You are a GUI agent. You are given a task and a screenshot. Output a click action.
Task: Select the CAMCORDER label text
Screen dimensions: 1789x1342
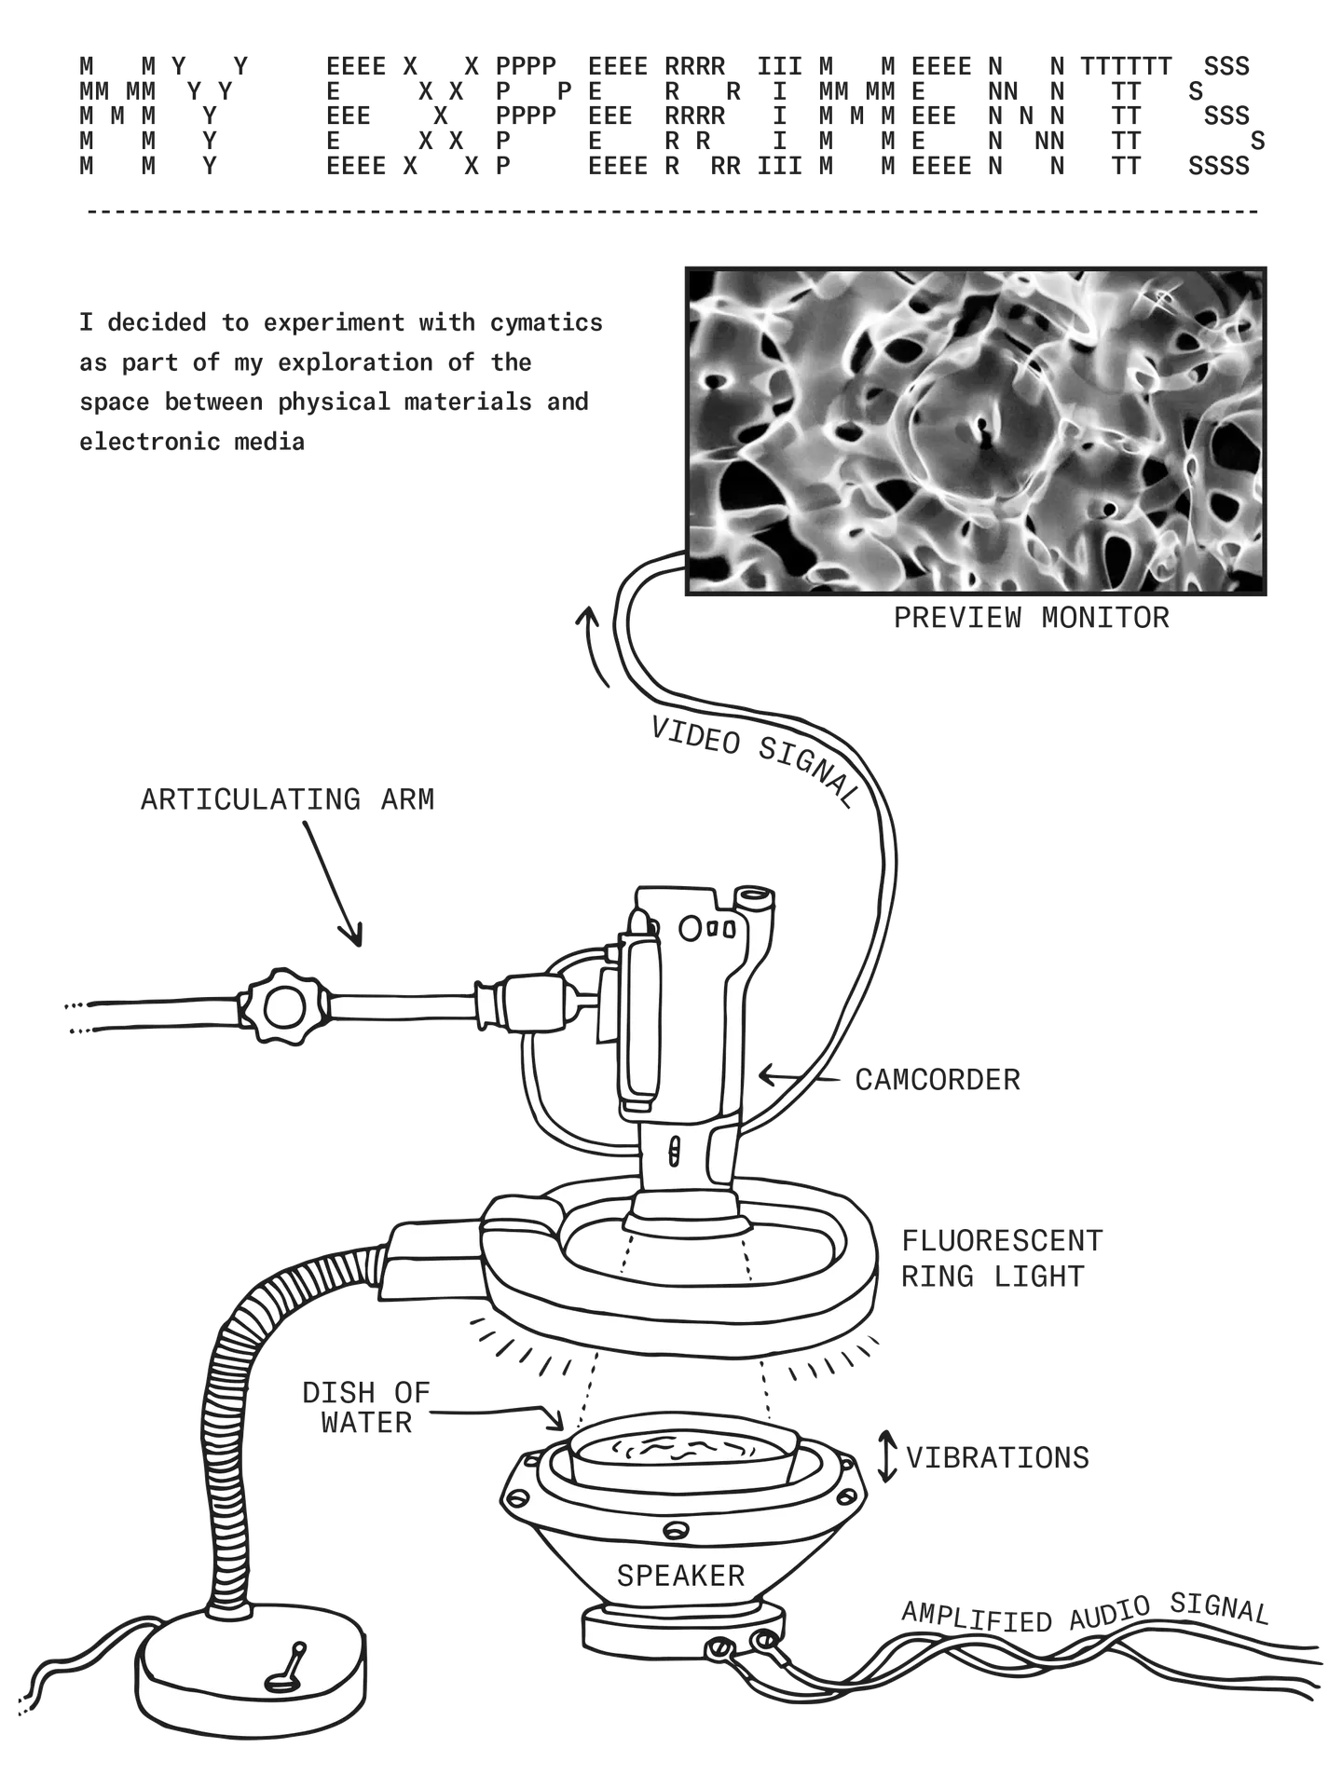pos(938,1080)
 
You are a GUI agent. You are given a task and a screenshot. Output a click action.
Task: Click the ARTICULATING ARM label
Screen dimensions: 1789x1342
pos(288,800)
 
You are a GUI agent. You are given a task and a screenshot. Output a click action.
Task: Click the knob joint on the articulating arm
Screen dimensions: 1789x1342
pos(279,1007)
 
